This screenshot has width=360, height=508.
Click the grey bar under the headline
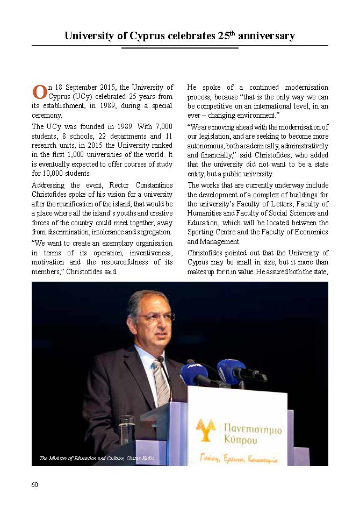tap(179, 48)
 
